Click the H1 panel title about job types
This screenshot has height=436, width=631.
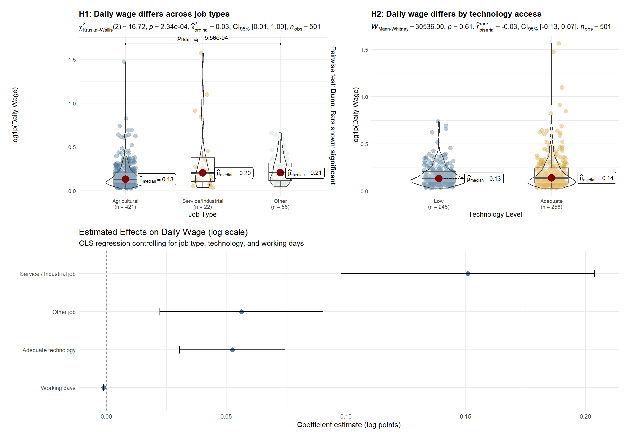coord(154,14)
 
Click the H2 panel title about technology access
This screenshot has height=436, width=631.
coord(456,14)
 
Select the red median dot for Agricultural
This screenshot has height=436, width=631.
coord(125,179)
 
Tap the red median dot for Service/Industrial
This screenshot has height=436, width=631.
coord(202,173)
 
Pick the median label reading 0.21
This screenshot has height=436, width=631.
coord(305,173)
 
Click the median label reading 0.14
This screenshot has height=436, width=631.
coord(596,178)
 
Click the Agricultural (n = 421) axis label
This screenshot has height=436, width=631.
coord(125,204)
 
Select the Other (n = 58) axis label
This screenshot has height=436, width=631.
coord(280,204)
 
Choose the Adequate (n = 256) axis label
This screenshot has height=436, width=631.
coord(551,204)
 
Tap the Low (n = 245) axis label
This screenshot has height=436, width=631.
coord(439,204)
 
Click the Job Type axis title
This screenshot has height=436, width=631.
coord(202,214)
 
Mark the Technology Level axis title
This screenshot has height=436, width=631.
coord(495,214)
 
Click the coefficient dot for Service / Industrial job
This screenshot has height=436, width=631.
coord(468,274)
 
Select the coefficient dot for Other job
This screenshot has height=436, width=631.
coord(241,312)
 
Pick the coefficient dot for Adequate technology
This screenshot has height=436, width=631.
coord(232,350)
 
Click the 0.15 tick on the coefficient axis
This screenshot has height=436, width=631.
coord(465,417)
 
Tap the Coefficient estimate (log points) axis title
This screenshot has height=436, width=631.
coord(349,425)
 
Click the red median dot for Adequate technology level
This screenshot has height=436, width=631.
coord(551,178)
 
